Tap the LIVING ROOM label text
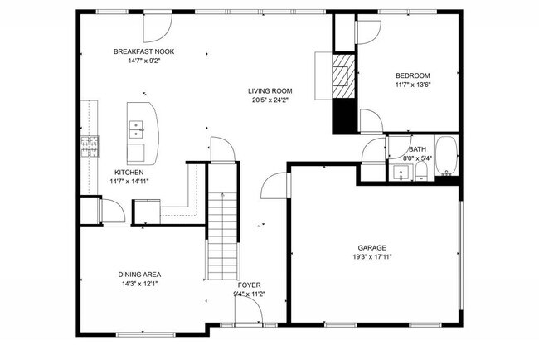pos(270,91)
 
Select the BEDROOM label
pos(411,74)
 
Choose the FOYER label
pos(250,285)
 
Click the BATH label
pos(417,149)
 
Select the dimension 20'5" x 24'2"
pos(270,100)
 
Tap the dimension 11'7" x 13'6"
pos(411,83)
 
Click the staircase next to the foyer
pos(221,237)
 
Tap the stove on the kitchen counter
pos(90,147)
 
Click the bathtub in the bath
pos(447,158)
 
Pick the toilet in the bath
pos(421,171)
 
